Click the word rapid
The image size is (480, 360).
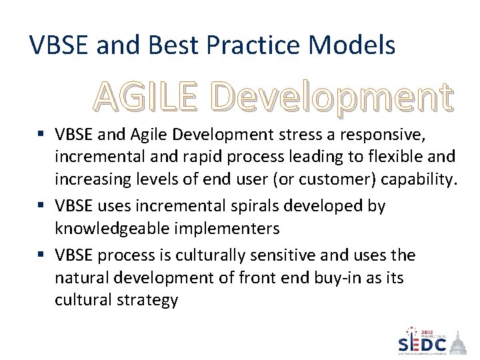212,157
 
